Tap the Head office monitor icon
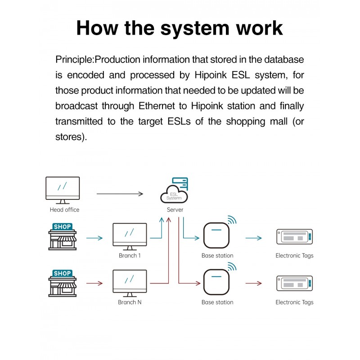(63, 189)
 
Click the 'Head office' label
(64, 210)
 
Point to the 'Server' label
(175, 210)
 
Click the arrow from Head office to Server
(120, 194)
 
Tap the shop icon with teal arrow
(62, 236)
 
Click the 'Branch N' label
(130, 302)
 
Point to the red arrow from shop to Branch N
(94, 283)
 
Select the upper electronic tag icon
(294, 237)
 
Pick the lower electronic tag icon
(294, 283)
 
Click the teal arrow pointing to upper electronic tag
(253, 238)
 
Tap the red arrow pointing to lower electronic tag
(253, 283)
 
